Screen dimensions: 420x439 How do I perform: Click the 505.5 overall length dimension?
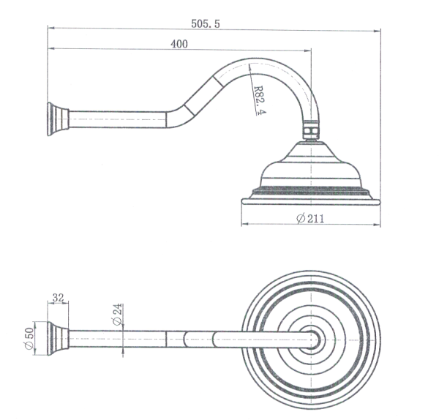click(205, 23)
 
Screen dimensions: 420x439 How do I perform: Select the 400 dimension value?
click(179, 44)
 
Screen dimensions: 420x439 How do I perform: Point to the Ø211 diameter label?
click(310, 219)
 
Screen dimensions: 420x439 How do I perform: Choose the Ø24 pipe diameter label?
click(117, 318)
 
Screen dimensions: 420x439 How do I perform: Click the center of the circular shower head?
click(312, 339)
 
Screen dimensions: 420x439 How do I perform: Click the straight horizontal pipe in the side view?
click(117, 119)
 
